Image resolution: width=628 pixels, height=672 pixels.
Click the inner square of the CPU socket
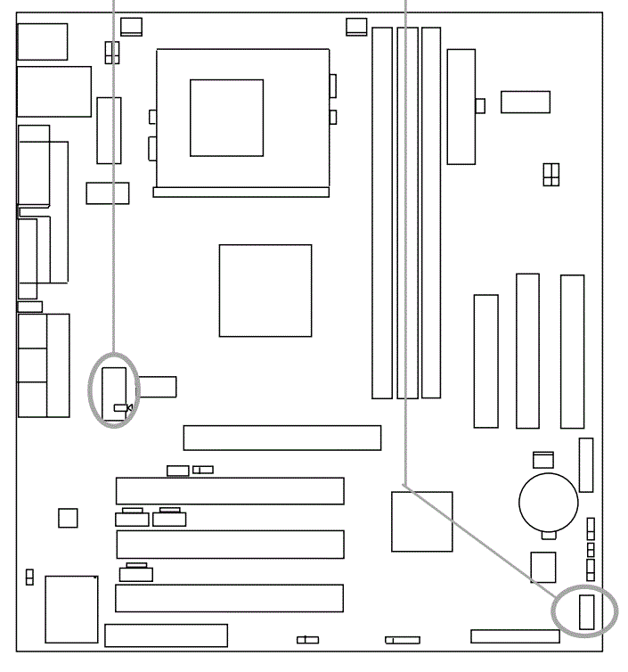[x=226, y=118]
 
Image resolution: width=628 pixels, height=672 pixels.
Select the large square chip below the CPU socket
[x=265, y=291]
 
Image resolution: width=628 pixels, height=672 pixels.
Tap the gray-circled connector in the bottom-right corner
[x=585, y=612]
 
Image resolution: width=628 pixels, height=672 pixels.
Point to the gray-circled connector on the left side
[x=114, y=389]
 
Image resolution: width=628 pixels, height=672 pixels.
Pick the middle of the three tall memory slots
[x=407, y=212]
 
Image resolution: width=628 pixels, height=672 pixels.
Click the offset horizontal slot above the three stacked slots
[x=282, y=438]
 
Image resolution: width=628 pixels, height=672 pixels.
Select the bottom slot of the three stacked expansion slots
[x=229, y=598]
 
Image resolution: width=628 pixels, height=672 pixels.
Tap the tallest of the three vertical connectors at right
[x=572, y=351]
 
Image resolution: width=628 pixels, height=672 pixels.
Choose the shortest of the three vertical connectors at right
[x=485, y=360]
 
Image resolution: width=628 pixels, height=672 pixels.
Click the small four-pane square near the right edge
[x=551, y=175]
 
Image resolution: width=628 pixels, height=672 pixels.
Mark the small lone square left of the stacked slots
[x=68, y=517]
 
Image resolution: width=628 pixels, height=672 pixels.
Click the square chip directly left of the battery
[x=421, y=521]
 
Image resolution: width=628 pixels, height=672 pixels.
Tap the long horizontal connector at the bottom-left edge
[x=166, y=635]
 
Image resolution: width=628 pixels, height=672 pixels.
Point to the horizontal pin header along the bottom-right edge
[x=515, y=636]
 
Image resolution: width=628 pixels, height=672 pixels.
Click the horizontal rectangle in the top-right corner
[x=525, y=102]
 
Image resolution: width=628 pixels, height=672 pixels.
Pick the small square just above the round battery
[x=542, y=460]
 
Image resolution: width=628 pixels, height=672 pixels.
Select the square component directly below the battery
[x=542, y=567]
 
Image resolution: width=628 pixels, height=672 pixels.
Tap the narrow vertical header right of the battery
[x=585, y=464]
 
